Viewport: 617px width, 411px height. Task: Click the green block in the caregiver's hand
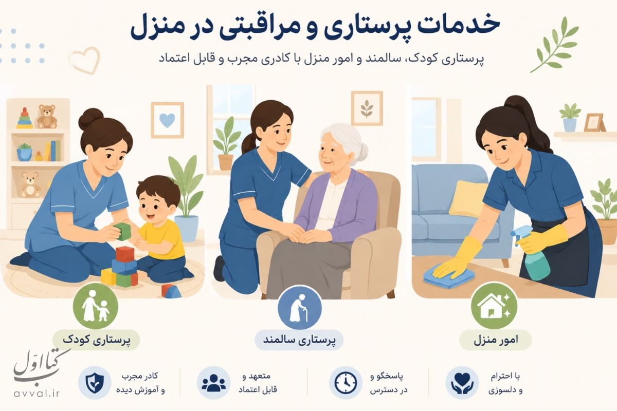click(x=122, y=231)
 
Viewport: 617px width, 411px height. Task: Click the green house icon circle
click(x=494, y=307)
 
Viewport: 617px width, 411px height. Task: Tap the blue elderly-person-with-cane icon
click(x=300, y=308)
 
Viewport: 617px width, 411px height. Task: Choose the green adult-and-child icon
click(x=95, y=306)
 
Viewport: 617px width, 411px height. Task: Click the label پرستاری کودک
click(x=97, y=340)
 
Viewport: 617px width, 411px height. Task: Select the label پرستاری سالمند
click(x=299, y=340)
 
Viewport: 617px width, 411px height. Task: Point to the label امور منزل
click(x=496, y=340)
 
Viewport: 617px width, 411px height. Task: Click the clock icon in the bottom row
click(x=346, y=383)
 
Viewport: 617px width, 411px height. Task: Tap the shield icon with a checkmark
click(x=95, y=383)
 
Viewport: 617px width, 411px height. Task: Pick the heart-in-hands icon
click(x=462, y=383)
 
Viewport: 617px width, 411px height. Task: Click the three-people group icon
click(x=214, y=383)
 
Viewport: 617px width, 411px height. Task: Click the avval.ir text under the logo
click(x=37, y=394)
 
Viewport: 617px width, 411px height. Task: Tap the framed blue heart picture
click(x=167, y=120)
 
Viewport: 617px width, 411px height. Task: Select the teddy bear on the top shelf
click(x=47, y=116)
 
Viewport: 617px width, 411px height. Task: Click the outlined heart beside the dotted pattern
click(x=85, y=60)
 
